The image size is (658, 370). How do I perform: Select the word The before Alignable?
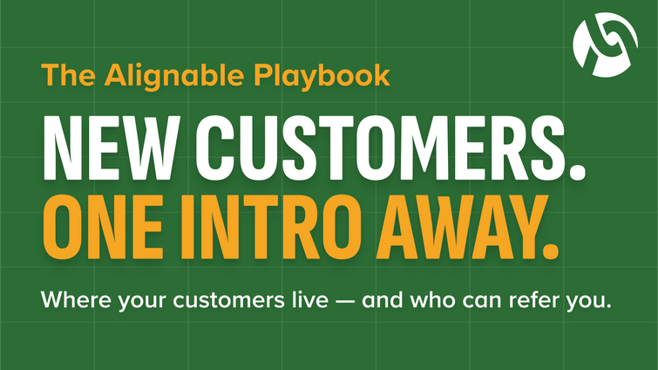67,74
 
